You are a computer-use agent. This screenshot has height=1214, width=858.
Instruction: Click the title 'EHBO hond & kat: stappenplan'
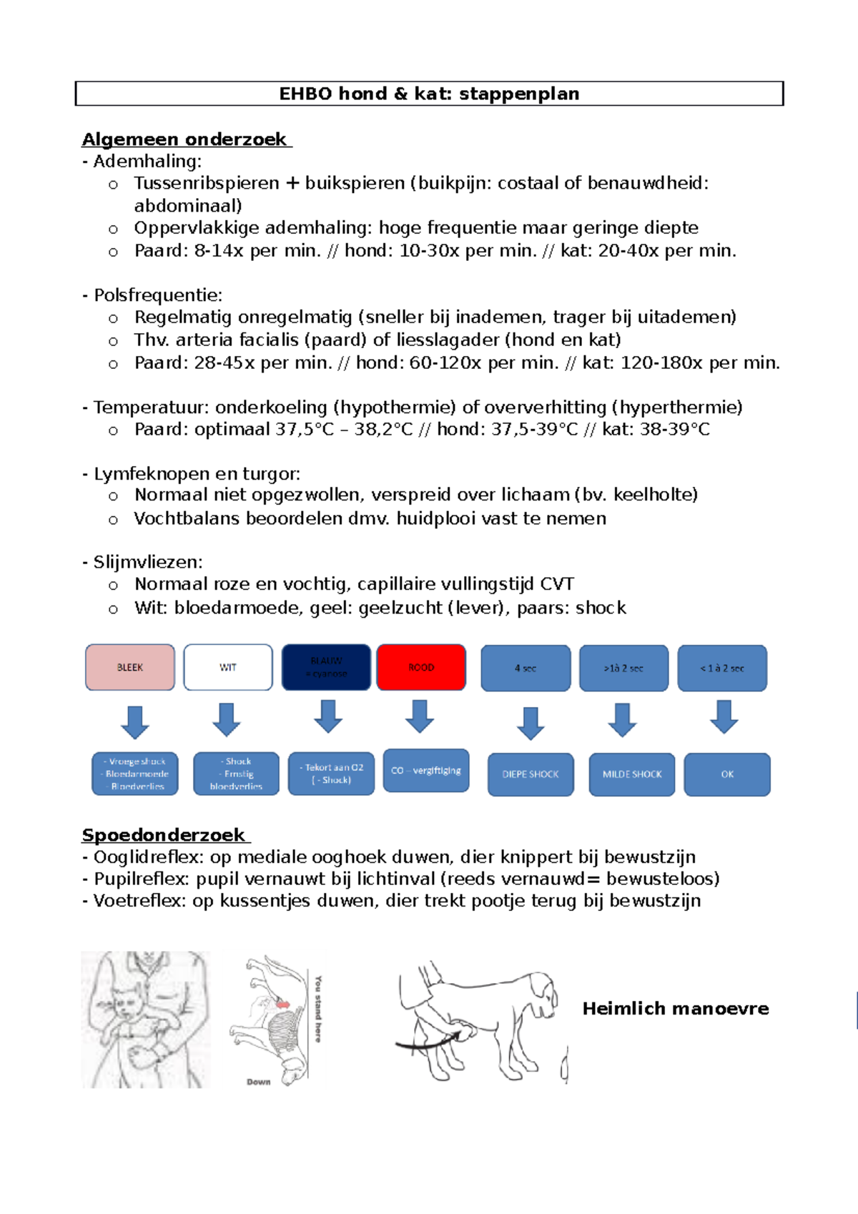click(x=429, y=94)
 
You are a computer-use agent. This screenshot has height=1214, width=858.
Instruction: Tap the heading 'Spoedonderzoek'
click(x=164, y=835)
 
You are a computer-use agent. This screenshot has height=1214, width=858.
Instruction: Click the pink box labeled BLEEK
click(x=130, y=667)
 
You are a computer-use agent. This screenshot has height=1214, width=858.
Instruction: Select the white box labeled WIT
click(x=228, y=667)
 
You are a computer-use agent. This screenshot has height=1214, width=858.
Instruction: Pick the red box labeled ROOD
click(x=421, y=667)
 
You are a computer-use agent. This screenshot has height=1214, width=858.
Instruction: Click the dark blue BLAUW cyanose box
click(x=326, y=667)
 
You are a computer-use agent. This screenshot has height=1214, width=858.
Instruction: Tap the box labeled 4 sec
click(x=526, y=668)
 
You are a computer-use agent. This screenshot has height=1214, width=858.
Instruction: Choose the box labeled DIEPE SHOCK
click(x=531, y=774)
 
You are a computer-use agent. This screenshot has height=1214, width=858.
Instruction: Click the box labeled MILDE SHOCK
click(x=632, y=774)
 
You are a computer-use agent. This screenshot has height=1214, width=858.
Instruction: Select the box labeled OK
click(x=727, y=774)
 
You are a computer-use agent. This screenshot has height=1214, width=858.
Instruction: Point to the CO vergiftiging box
click(x=426, y=770)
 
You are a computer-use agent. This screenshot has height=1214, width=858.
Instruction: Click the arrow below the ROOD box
click(x=420, y=716)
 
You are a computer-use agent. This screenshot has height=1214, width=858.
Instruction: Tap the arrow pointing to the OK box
click(x=724, y=717)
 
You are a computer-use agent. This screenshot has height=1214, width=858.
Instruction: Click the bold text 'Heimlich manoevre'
click(x=676, y=1009)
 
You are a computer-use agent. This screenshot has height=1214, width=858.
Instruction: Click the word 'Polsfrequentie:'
click(x=158, y=295)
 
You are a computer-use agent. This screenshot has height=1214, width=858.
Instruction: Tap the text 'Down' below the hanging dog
click(x=259, y=1082)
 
